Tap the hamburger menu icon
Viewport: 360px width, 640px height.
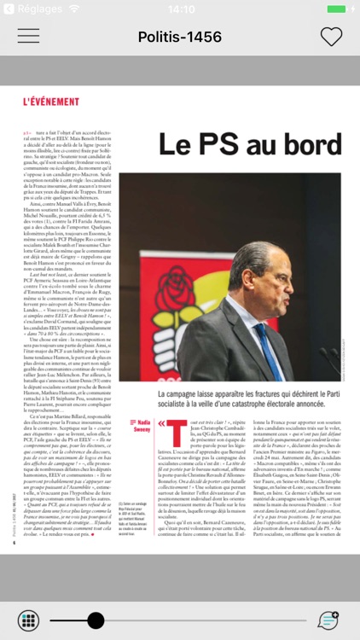pos(28,36)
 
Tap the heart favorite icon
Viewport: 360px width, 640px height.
pos(331,37)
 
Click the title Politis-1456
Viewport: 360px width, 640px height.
pos(180,37)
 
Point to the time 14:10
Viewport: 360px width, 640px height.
pos(180,9)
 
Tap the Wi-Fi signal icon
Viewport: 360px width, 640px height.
pos(74,9)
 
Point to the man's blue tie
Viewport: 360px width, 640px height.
pos(267,350)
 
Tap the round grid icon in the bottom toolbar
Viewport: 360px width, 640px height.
pos(28,620)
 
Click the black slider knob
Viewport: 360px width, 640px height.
pos(96,620)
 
